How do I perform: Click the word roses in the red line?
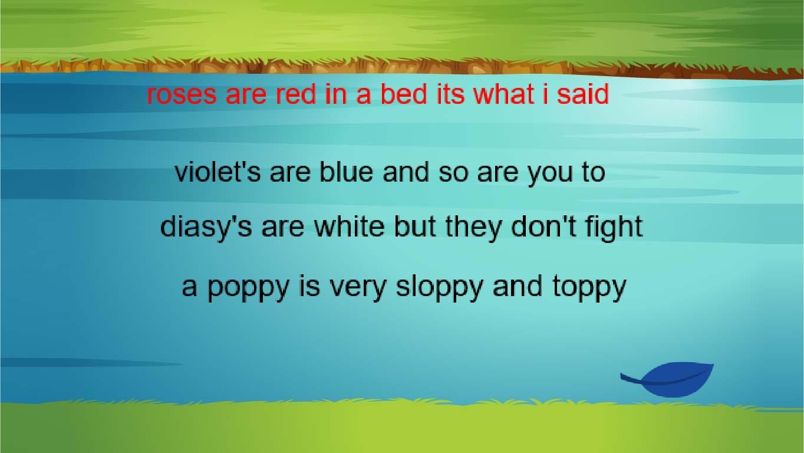[x=182, y=95]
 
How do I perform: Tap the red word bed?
[x=404, y=94]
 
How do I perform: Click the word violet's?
[x=218, y=172]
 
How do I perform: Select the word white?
[x=349, y=226]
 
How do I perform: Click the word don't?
[x=543, y=226]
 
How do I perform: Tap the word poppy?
[x=248, y=289]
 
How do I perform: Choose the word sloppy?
[x=439, y=289]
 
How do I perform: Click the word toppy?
[x=589, y=289]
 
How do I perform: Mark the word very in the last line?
[x=358, y=289]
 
